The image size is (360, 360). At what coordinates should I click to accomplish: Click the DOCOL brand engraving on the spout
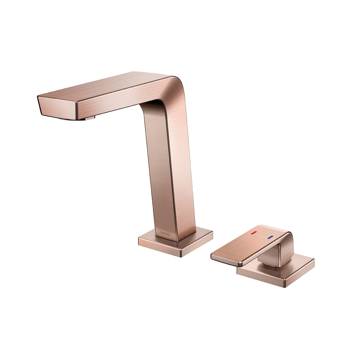(x=166, y=234)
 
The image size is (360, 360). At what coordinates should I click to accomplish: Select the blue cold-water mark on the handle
(x=270, y=237)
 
